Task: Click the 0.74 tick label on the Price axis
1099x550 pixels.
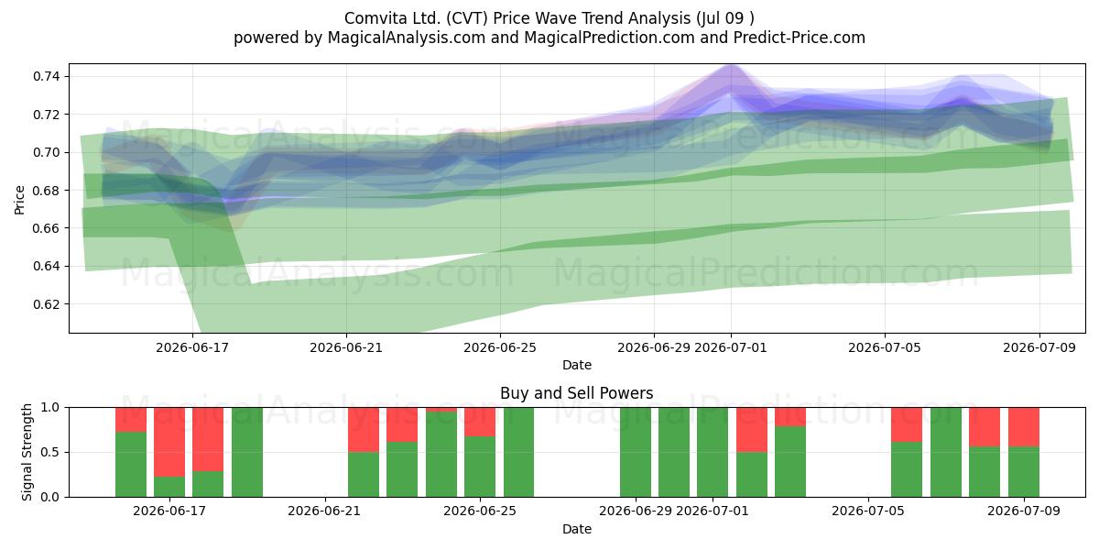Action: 46,76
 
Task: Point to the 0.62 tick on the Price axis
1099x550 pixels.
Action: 46,304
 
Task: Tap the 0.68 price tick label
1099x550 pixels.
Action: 46,190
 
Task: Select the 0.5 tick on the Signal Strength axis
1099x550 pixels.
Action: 50,452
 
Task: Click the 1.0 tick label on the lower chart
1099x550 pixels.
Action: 50,407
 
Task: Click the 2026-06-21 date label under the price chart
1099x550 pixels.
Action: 346,347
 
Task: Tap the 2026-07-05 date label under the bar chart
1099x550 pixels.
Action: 868,511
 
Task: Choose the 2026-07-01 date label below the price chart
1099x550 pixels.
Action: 731,347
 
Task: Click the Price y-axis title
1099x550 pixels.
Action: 19,200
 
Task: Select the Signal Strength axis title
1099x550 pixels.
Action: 27,452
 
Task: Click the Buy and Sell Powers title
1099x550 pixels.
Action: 576,393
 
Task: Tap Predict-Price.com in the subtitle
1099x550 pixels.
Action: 800,38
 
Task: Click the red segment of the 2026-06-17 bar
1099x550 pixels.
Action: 169,442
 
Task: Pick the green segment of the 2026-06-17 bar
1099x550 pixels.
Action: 169,487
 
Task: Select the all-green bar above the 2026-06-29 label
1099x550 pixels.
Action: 636,452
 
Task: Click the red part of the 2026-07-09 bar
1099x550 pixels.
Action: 1024,427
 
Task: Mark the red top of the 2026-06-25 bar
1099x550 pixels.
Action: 480,422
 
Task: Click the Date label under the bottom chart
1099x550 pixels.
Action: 576,529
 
